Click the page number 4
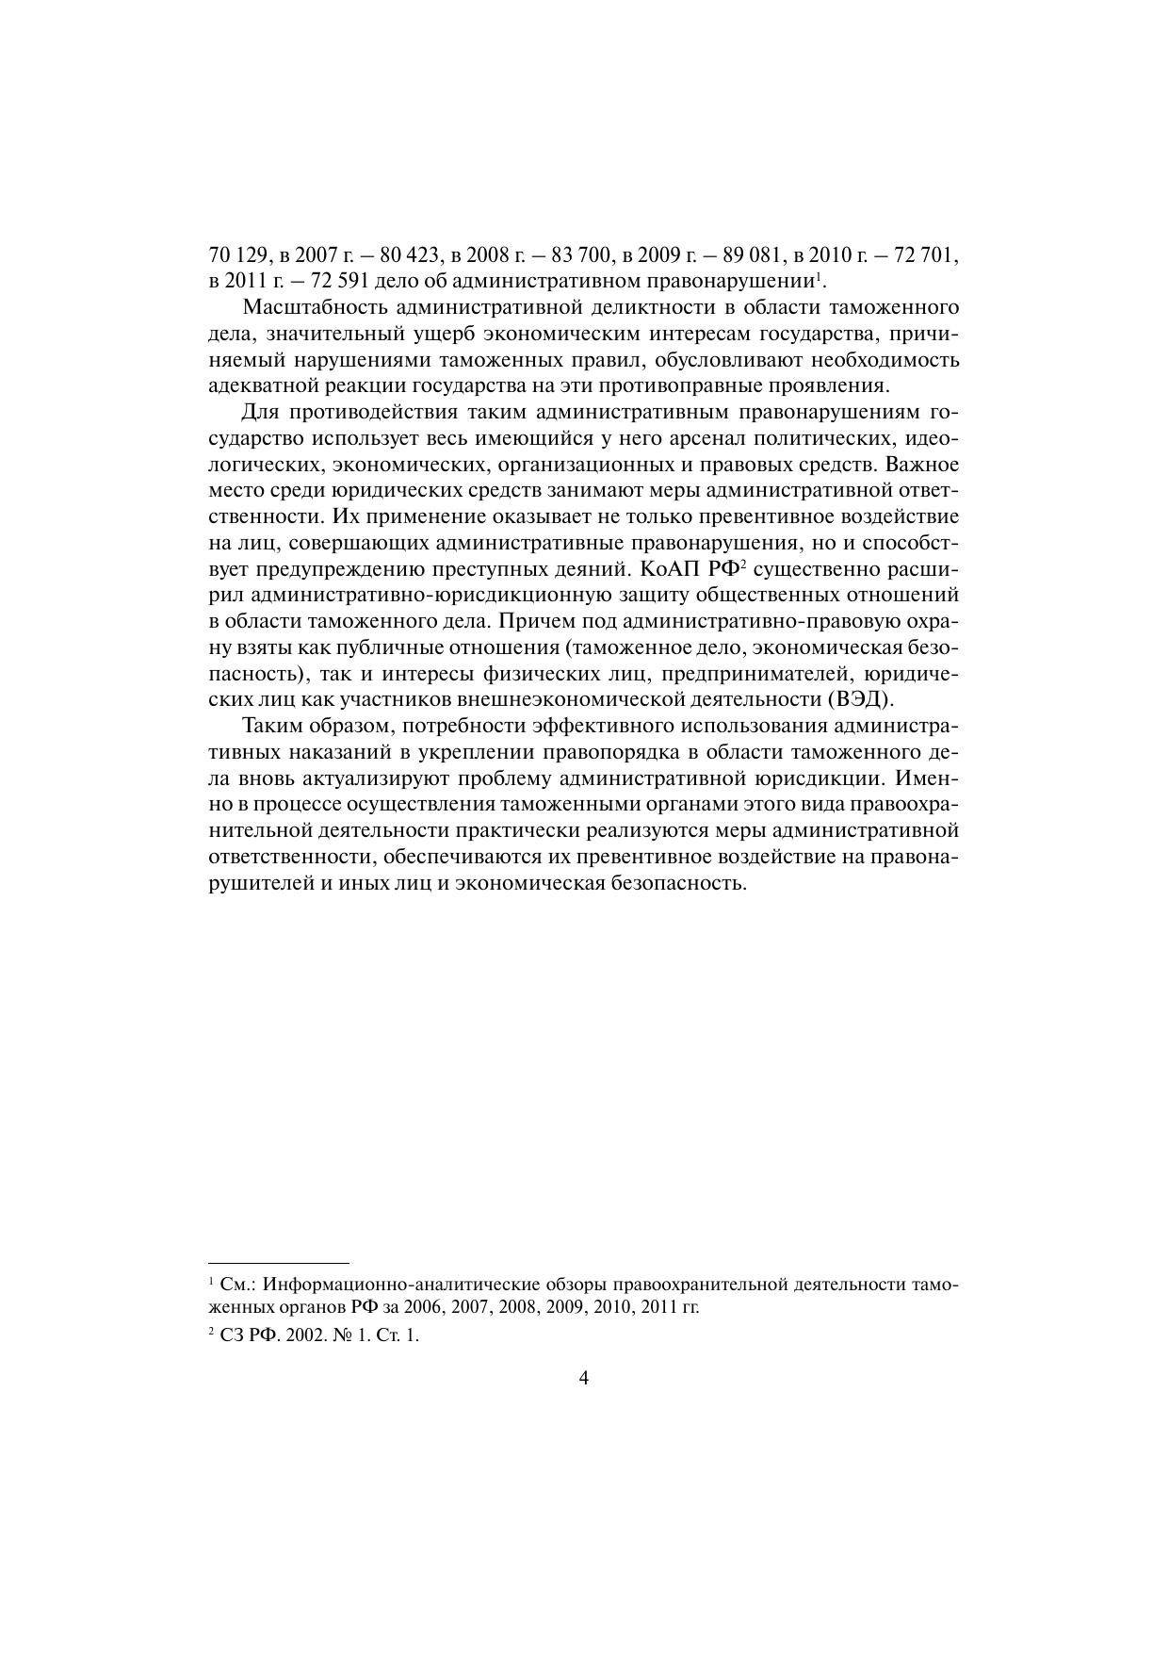(584, 1379)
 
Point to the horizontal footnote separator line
(279, 1262)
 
